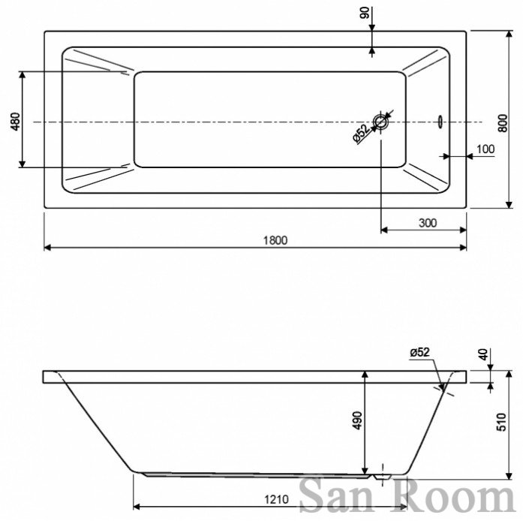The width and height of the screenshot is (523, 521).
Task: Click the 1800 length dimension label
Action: tap(275, 240)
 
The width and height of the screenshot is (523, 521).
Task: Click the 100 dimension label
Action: tap(485, 149)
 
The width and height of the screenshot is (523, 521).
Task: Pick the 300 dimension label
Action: tap(428, 222)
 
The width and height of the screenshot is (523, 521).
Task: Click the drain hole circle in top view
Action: tap(382, 122)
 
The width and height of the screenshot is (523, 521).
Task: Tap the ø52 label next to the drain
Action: tap(359, 133)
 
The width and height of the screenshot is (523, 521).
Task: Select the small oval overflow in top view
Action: tap(440, 120)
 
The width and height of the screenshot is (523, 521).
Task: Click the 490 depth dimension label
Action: tap(357, 421)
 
